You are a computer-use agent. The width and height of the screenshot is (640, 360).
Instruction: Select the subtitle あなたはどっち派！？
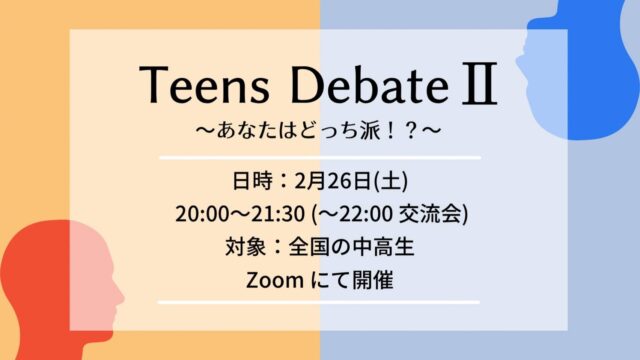pyautogui.click(x=320, y=132)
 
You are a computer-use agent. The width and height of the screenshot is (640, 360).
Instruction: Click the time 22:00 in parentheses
pyautogui.click(x=372, y=214)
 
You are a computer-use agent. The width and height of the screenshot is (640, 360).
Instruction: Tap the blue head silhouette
pyautogui.click(x=590, y=80)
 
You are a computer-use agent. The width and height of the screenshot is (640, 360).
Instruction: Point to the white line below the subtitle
pyautogui.click(x=320, y=158)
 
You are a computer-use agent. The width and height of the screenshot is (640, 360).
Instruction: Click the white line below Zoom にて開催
pyautogui.click(x=320, y=302)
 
